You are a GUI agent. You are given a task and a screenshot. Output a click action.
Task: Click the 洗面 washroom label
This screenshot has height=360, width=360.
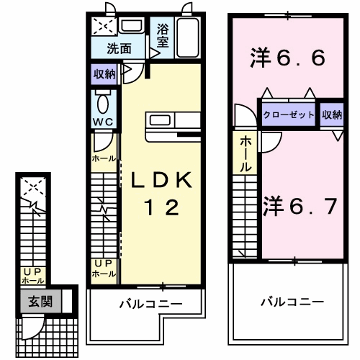[120, 49]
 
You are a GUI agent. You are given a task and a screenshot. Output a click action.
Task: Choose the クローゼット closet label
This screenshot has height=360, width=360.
[288, 115]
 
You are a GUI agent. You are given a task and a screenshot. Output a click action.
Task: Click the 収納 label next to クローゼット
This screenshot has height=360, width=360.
[332, 115]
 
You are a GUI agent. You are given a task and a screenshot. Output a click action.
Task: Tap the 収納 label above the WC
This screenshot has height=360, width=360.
[104, 73]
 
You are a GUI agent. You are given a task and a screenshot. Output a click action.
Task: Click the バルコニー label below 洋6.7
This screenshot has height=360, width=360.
[292, 302]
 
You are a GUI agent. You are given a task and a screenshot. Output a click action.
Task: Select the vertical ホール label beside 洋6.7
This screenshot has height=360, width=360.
[246, 153]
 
